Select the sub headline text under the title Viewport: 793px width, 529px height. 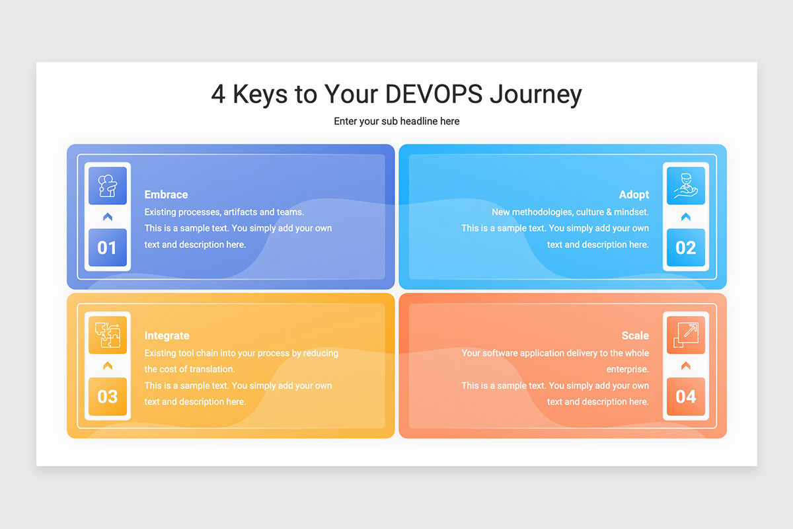397,121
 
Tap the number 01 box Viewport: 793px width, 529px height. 107,248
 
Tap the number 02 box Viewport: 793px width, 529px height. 685,248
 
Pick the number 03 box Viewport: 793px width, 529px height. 107,397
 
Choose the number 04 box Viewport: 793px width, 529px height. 685,397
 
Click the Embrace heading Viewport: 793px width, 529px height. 166,194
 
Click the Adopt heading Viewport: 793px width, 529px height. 634,194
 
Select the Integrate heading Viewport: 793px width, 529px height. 167,335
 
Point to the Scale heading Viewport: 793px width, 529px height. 635,335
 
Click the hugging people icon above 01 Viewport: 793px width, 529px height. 107,186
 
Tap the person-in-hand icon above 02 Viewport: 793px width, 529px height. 685,186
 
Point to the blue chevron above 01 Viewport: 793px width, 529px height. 107,217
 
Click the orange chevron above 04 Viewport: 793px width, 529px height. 685,366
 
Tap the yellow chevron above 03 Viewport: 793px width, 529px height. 107,366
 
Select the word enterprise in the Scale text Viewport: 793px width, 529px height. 627,369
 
